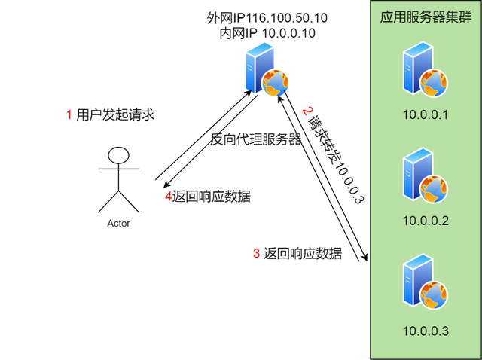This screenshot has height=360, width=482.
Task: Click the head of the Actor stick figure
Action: pos(117,156)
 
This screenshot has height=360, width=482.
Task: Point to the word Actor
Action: pos(119,224)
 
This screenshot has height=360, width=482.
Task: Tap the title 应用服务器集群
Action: pos(425,17)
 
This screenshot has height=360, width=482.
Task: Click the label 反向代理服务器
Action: pos(255,139)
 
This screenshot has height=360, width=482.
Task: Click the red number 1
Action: pos(69,114)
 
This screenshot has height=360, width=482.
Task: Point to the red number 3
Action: pos(255,254)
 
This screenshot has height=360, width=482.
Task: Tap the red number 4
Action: pos(169,197)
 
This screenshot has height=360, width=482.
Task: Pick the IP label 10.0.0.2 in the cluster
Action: pos(426,221)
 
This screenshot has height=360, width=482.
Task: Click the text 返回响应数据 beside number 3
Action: pos(303,254)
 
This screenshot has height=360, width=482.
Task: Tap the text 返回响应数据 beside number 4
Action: pos(211,197)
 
